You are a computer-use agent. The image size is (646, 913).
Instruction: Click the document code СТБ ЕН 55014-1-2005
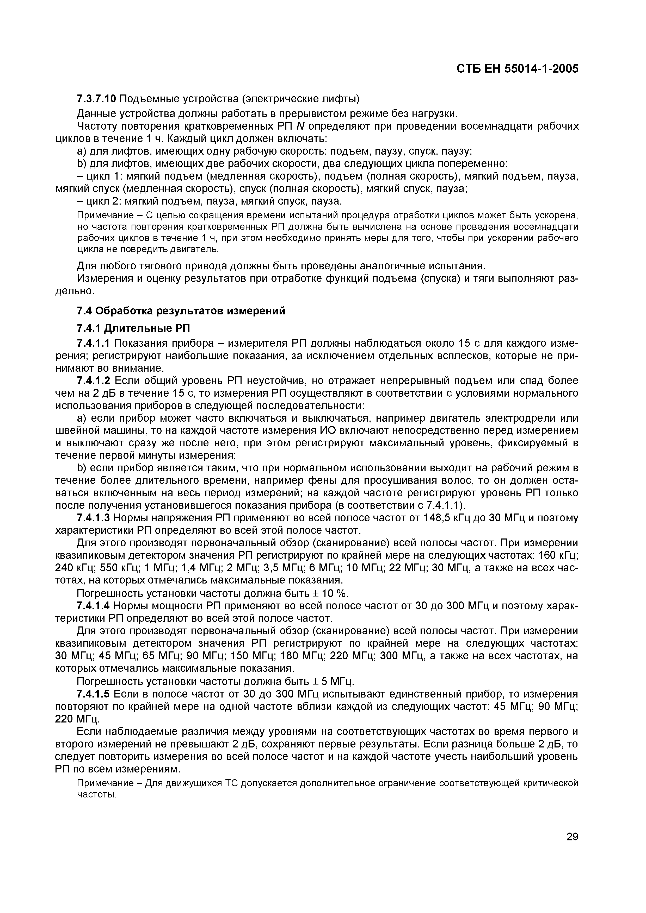point(517,69)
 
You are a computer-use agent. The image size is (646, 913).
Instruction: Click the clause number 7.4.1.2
point(94,381)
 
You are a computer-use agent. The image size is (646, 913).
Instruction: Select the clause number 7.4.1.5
point(94,694)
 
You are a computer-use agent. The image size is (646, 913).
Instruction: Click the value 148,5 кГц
point(434,518)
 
